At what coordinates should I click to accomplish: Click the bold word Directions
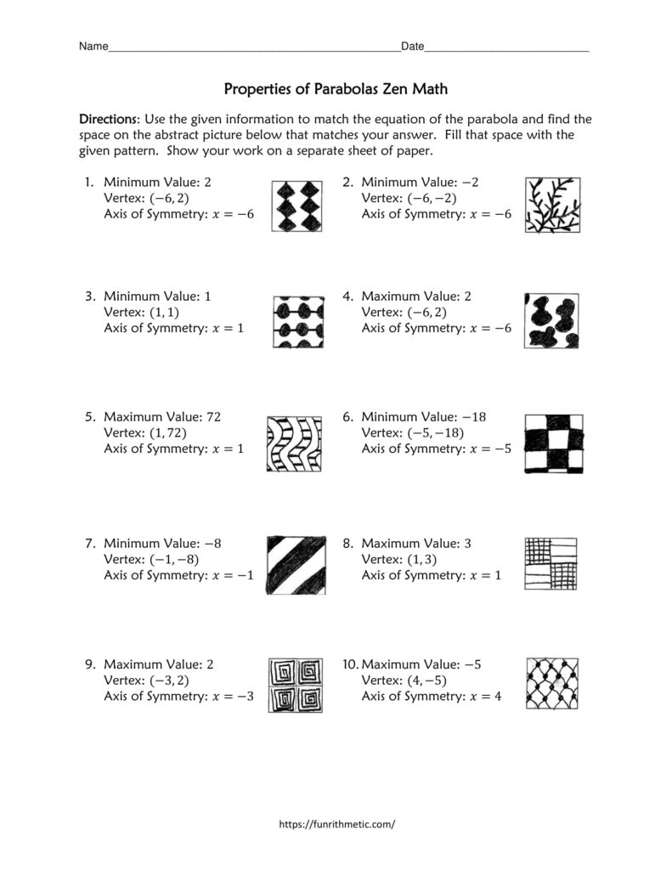[x=109, y=119]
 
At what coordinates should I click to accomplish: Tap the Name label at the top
[x=93, y=47]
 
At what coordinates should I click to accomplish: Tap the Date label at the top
[x=412, y=47]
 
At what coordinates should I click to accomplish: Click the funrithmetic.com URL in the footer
[x=337, y=823]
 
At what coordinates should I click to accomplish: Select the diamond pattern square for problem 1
[x=298, y=206]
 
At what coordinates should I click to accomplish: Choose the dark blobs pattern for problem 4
[x=552, y=321]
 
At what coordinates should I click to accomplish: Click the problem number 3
[x=88, y=297]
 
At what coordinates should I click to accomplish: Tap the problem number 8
[x=347, y=543]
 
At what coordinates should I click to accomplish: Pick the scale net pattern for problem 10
[x=552, y=683]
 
